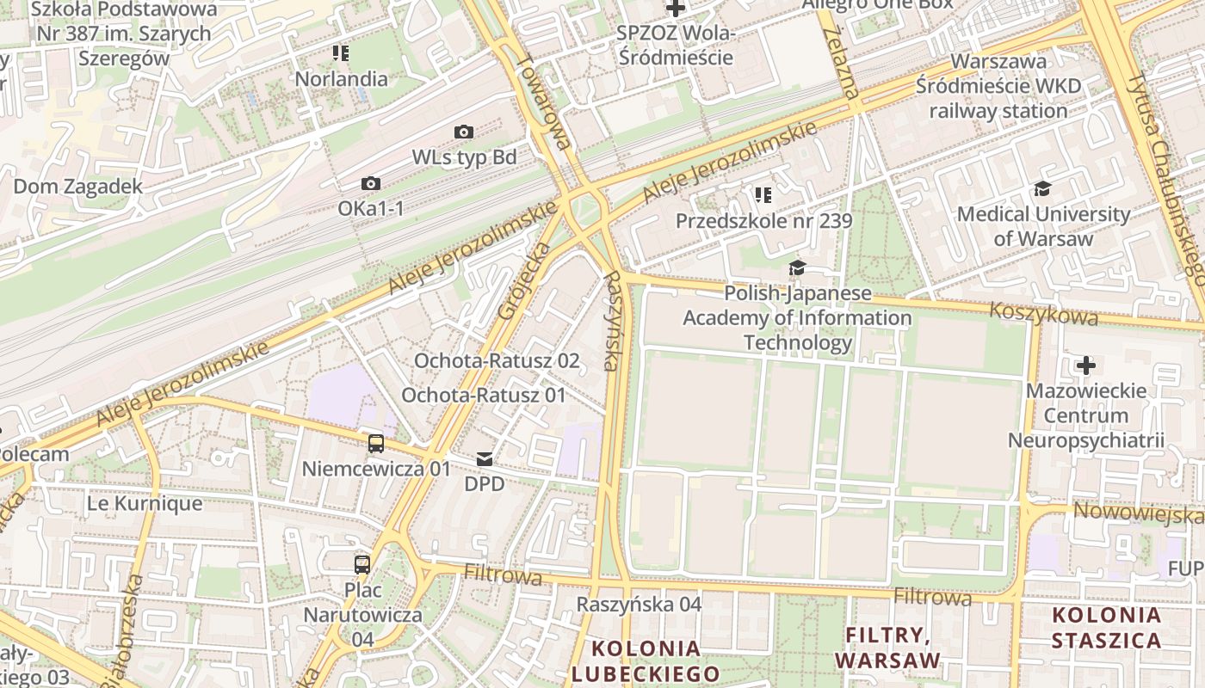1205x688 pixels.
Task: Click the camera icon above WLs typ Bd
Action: (x=464, y=132)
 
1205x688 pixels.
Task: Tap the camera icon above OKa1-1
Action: (x=371, y=183)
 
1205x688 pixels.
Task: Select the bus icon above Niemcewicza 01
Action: (x=376, y=444)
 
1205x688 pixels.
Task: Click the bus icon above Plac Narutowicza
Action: (x=362, y=565)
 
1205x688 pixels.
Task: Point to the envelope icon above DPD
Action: (x=485, y=459)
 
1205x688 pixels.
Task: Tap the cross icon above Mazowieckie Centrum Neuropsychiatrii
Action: (x=1086, y=365)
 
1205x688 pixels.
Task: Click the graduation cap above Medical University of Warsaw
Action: (x=1043, y=188)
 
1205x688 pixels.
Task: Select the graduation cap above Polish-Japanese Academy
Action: (x=797, y=268)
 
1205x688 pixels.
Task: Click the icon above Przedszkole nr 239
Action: (x=763, y=195)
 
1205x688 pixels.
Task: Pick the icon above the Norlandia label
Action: (x=341, y=53)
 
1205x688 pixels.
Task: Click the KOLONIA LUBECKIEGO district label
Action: (x=646, y=660)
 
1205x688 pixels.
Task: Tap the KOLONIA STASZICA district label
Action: (x=1106, y=628)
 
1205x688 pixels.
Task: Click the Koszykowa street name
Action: (x=1043, y=313)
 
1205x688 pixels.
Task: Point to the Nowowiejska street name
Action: (x=1138, y=514)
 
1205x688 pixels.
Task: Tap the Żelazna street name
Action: (x=841, y=60)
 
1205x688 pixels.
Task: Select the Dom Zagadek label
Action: (x=77, y=186)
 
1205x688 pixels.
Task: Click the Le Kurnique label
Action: (x=145, y=503)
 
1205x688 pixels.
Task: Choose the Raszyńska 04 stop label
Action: (x=639, y=604)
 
